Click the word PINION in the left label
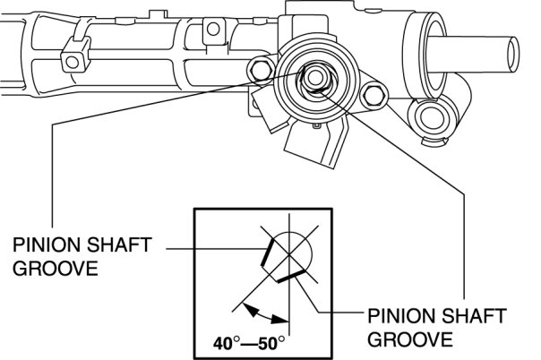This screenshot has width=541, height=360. coord(47,245)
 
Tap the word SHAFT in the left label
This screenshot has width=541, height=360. coord(119,245)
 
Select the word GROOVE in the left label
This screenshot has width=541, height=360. coord(56,268)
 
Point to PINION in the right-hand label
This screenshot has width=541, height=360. coord(401,316)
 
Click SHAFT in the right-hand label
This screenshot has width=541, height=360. coord(474,316)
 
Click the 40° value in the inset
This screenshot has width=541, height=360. coord(227,343)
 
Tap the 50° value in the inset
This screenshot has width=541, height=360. coord(272,343)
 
